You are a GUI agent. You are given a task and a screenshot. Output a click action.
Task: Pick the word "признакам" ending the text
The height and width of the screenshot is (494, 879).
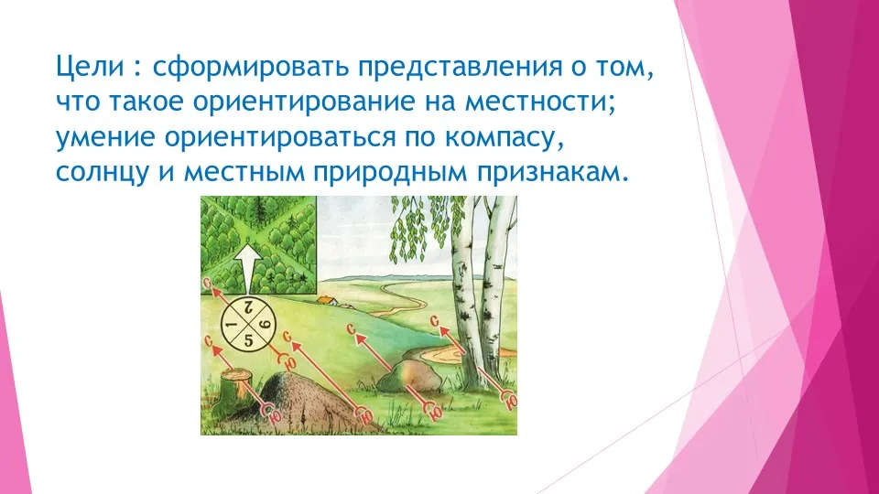tap(550, 174)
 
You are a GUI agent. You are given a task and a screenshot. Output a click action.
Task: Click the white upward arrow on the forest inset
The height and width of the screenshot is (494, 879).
tap(246, 268)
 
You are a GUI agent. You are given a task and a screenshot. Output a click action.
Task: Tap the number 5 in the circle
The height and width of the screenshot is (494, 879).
tap(249, 338)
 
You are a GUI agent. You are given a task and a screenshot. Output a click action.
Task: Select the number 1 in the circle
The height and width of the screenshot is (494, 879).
tap(229, 325)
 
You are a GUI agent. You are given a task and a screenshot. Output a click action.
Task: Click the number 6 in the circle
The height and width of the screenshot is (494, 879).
tap(266, 324)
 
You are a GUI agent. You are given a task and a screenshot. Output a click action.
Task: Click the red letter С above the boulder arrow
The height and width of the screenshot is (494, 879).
tap(352, 328)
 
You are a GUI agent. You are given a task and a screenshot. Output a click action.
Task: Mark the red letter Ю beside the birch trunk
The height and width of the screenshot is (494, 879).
tap(511, 401)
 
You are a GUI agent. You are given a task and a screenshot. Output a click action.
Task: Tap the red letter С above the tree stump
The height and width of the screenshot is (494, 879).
tap(209, 341)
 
